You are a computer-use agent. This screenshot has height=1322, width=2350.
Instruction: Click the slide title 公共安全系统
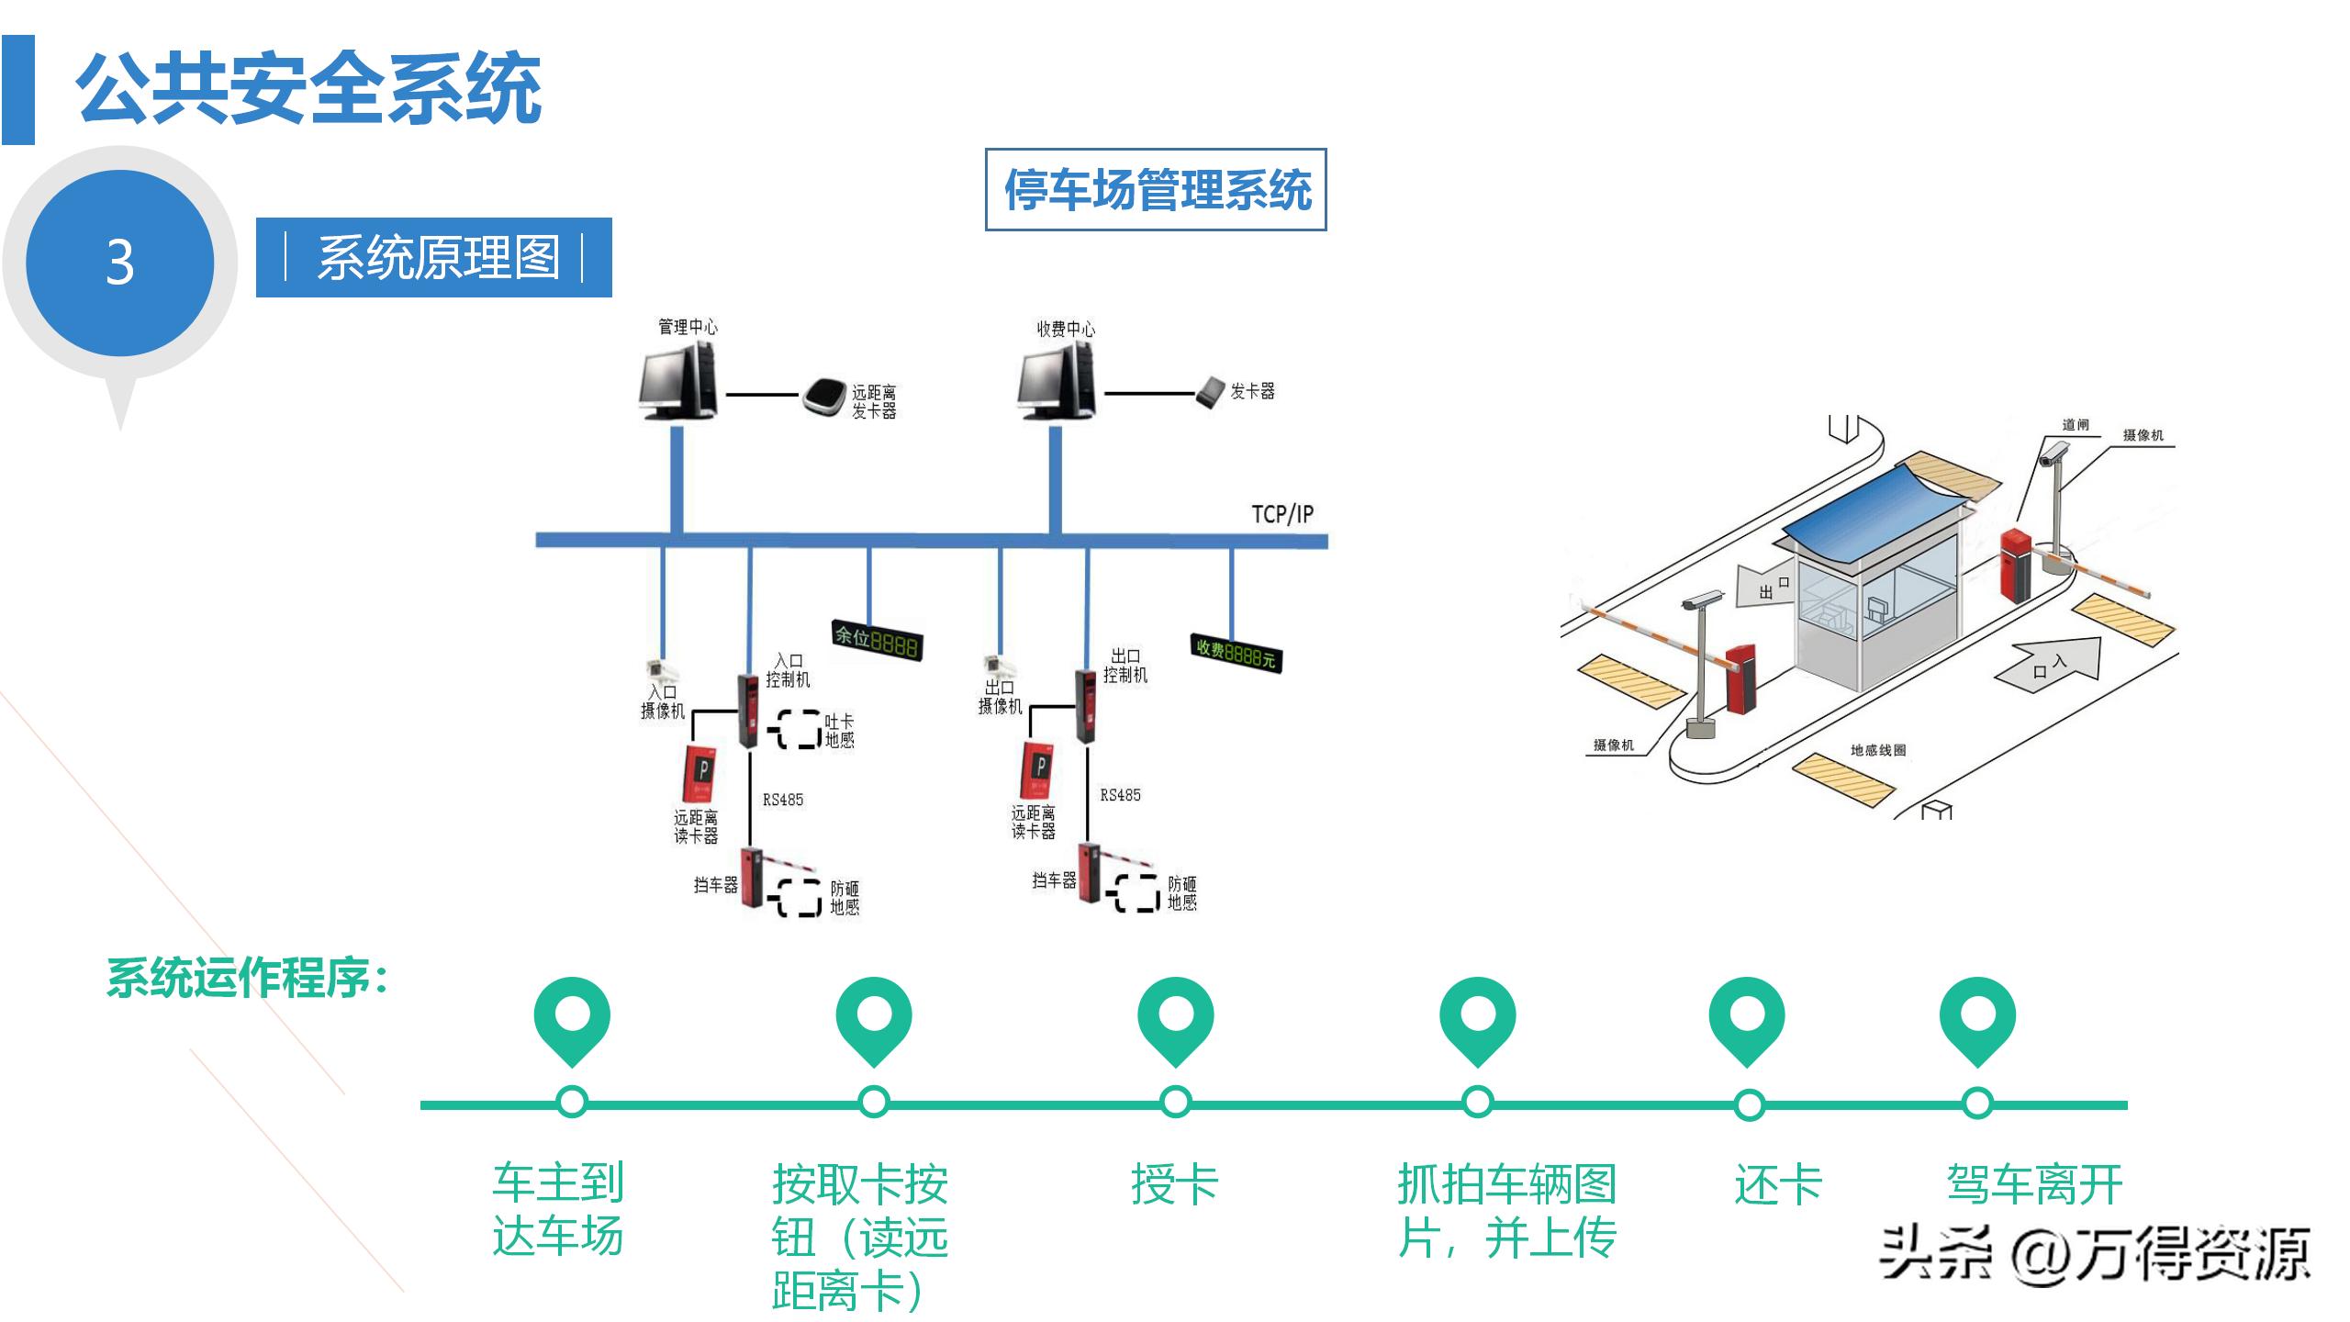(x=308, y=89)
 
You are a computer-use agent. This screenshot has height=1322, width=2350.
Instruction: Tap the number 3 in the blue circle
(x=119, y=263)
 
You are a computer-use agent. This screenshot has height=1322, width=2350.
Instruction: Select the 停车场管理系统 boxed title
(x=1156, y=190)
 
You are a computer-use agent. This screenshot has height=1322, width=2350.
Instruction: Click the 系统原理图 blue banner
(x=434, y=258)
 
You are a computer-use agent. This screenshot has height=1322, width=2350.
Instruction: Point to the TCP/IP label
(x=1281, y=514)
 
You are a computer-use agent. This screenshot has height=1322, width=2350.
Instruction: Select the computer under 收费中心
(x=1057, y=385)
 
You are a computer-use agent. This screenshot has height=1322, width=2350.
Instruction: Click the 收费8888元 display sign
(x=1236, y=653)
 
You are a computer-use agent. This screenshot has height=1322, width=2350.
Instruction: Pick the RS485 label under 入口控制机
(x=782, y=800)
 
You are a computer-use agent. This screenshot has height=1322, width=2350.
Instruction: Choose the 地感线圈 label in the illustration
(x=1877, y=750)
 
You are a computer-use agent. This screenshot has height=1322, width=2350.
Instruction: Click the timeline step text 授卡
(x=1174, y=1184)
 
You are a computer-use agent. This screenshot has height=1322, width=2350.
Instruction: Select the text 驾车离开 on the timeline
(x=2034, y=1184)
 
